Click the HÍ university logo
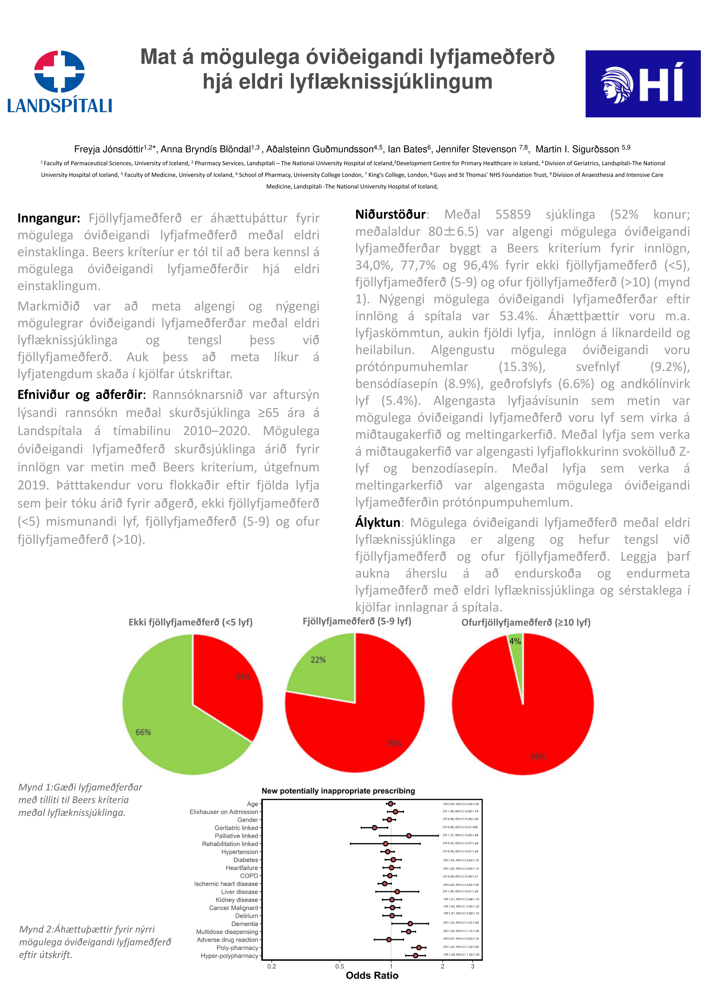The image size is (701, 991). (x=642, y=84)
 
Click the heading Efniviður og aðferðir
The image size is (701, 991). (x=80, y=395)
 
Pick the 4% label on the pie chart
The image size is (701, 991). (x=515, y=641)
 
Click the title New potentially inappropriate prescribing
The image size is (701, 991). (x=338, y=791)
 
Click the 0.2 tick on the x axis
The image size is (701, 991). (x=272, y=966)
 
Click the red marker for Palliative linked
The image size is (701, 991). (x=409, y=836)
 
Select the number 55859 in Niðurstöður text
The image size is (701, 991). (x=513, y=215)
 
